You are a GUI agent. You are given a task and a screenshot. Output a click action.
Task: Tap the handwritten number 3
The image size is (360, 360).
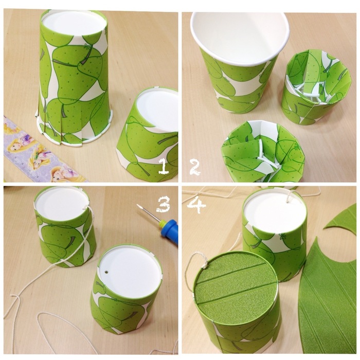tap(163, 205)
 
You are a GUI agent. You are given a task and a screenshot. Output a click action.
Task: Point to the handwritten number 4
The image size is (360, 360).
tap(196, 204)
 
